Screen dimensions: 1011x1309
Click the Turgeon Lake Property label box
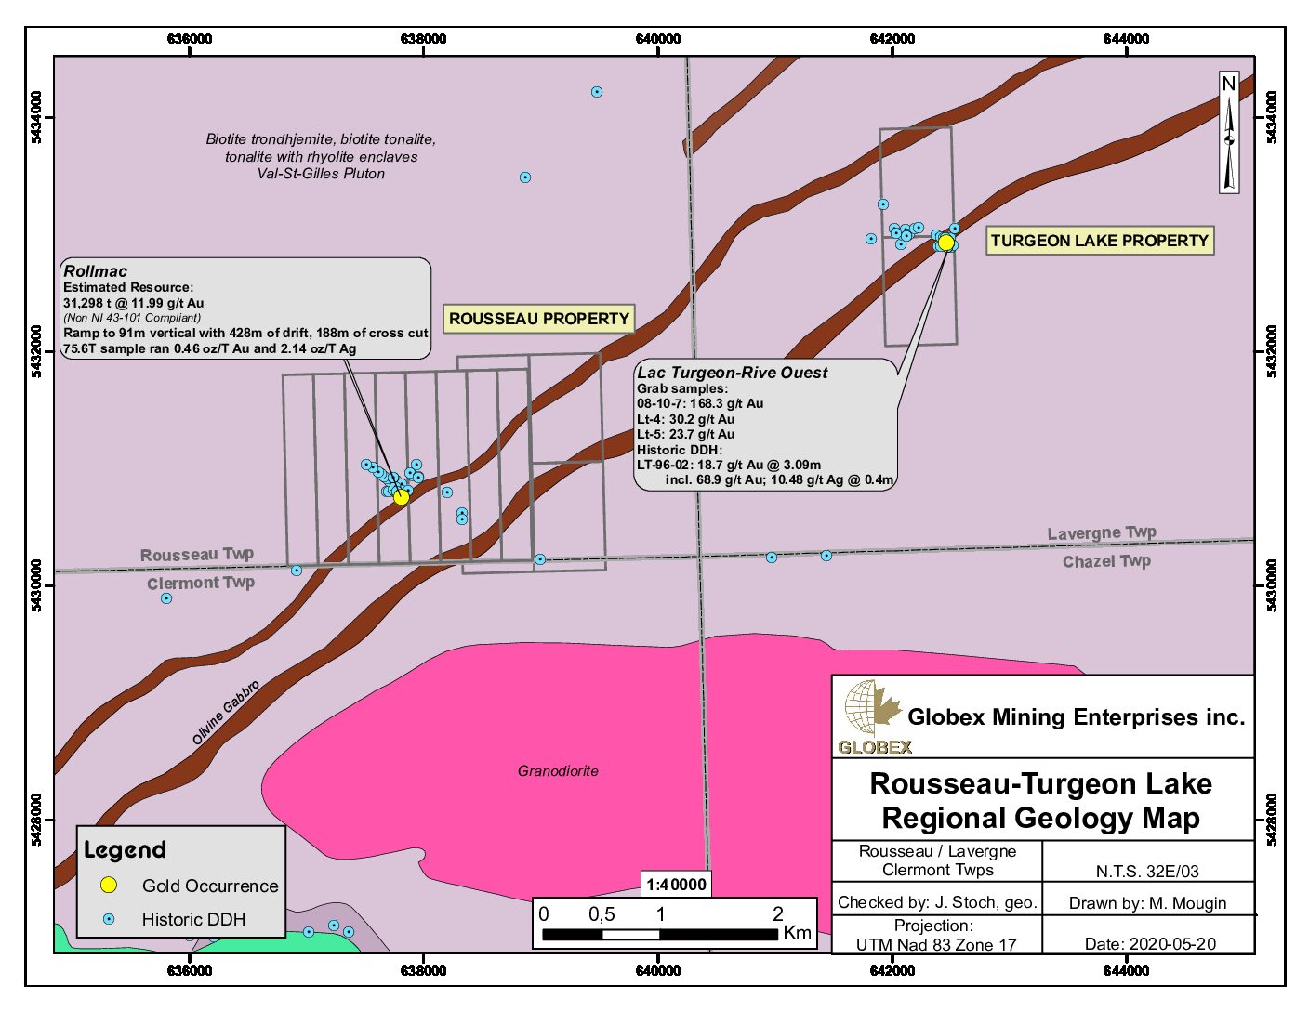pos(1099,241)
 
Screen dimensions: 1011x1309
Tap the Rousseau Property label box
pos(539,319)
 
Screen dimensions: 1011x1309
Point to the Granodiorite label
pos(558,771)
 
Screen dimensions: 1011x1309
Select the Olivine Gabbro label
pos(226,713)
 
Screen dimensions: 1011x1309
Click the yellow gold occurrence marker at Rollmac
pos(402,497)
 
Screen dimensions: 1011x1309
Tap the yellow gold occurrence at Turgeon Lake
pos(946,243)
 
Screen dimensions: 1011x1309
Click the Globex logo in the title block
pos(873,716)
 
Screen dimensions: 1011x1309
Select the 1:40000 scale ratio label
pos(677,885)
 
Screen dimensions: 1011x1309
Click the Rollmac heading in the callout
pos(96,271)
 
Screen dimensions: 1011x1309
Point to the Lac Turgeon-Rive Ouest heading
pos(732,373)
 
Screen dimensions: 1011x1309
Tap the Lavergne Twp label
pos(1102,533)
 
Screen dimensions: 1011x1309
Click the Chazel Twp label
pos(1106,561)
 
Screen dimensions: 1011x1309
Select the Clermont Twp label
pos(201,584)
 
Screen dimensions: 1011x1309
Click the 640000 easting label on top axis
pos(658,39)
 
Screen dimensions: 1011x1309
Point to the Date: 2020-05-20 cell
pos(1150,943)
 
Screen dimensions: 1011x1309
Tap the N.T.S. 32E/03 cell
pos(1147,872)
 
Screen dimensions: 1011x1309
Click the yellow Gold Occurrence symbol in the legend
pos(109,886)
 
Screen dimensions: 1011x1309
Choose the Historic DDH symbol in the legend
pos(109,919)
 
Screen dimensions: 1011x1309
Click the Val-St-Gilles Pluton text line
pos(321,174)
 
